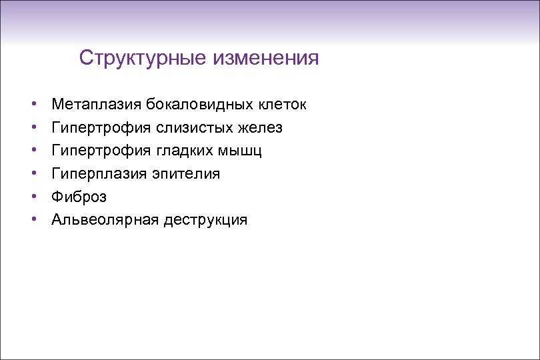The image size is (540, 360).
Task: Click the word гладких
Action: click(185, 151)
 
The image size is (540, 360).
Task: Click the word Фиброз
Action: click(79, 197)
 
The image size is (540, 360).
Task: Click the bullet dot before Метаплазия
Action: click(33, 105)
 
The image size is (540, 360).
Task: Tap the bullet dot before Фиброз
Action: click(33, 197)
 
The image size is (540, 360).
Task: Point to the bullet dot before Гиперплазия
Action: click(33, 174)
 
